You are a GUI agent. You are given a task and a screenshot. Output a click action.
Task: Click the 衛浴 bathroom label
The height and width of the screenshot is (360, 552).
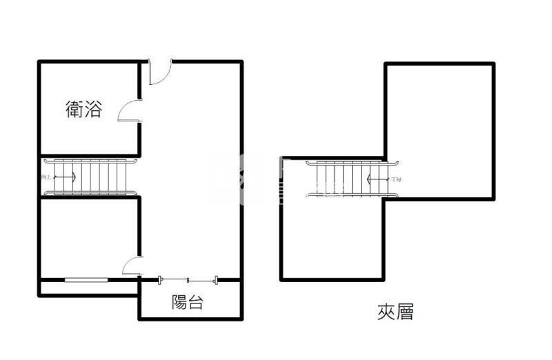pos(84,109)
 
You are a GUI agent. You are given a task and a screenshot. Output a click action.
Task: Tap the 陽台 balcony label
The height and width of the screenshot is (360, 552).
pos(187,302)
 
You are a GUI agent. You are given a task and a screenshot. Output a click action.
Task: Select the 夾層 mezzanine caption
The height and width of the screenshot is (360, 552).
pos(395,312)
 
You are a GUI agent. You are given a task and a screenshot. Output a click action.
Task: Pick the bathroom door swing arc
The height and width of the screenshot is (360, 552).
pos(130,111)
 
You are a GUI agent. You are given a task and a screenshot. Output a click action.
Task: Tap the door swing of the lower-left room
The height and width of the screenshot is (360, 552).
pos(132,266)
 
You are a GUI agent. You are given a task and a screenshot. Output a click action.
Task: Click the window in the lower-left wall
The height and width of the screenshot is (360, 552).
pos(86,279)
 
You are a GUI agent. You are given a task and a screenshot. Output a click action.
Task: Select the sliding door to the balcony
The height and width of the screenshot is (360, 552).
pos(188,279)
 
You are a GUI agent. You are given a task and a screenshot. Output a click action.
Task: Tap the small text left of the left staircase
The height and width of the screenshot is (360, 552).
pos(46,178)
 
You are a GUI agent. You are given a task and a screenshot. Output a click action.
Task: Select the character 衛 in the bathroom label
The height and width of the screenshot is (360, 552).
pos(75,109)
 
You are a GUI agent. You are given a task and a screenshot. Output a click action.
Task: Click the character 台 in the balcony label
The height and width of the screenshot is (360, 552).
pos(196,302)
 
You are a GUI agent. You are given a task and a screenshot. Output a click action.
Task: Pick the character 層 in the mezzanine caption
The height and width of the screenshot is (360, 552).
pos(405,312)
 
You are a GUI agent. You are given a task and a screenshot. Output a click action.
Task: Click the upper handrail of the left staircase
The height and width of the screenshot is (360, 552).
pos(90,161)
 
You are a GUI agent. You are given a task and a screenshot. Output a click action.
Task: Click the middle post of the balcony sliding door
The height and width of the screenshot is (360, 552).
pos(188,279)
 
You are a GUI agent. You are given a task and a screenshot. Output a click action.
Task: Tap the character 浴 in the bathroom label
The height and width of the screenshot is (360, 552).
pos(93,109)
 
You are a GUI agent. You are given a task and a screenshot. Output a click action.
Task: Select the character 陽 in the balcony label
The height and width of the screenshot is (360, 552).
pos(178,302)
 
